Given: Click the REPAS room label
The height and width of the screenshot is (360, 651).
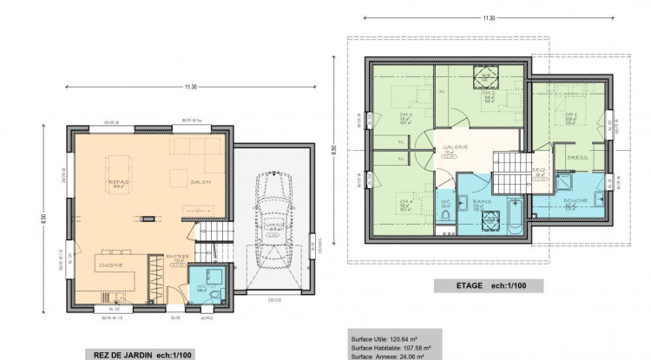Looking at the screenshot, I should (119, 181).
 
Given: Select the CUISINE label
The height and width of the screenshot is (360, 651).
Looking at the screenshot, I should (111, 264).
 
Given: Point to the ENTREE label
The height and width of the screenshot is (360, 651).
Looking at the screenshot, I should (179, 257).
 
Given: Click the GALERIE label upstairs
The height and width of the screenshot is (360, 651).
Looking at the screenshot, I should (456, 147).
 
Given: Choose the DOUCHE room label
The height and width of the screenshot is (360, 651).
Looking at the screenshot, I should (575, 200).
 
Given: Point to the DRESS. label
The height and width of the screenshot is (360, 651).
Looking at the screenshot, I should (577, 157).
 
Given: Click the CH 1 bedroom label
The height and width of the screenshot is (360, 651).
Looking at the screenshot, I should (570, 115).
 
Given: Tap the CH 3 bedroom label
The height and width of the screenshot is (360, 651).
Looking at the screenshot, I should (405, 115).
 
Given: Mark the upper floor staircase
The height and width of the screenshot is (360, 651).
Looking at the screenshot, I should (510, 172).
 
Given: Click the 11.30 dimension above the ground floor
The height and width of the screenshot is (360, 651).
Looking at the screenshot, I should (190, 86).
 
